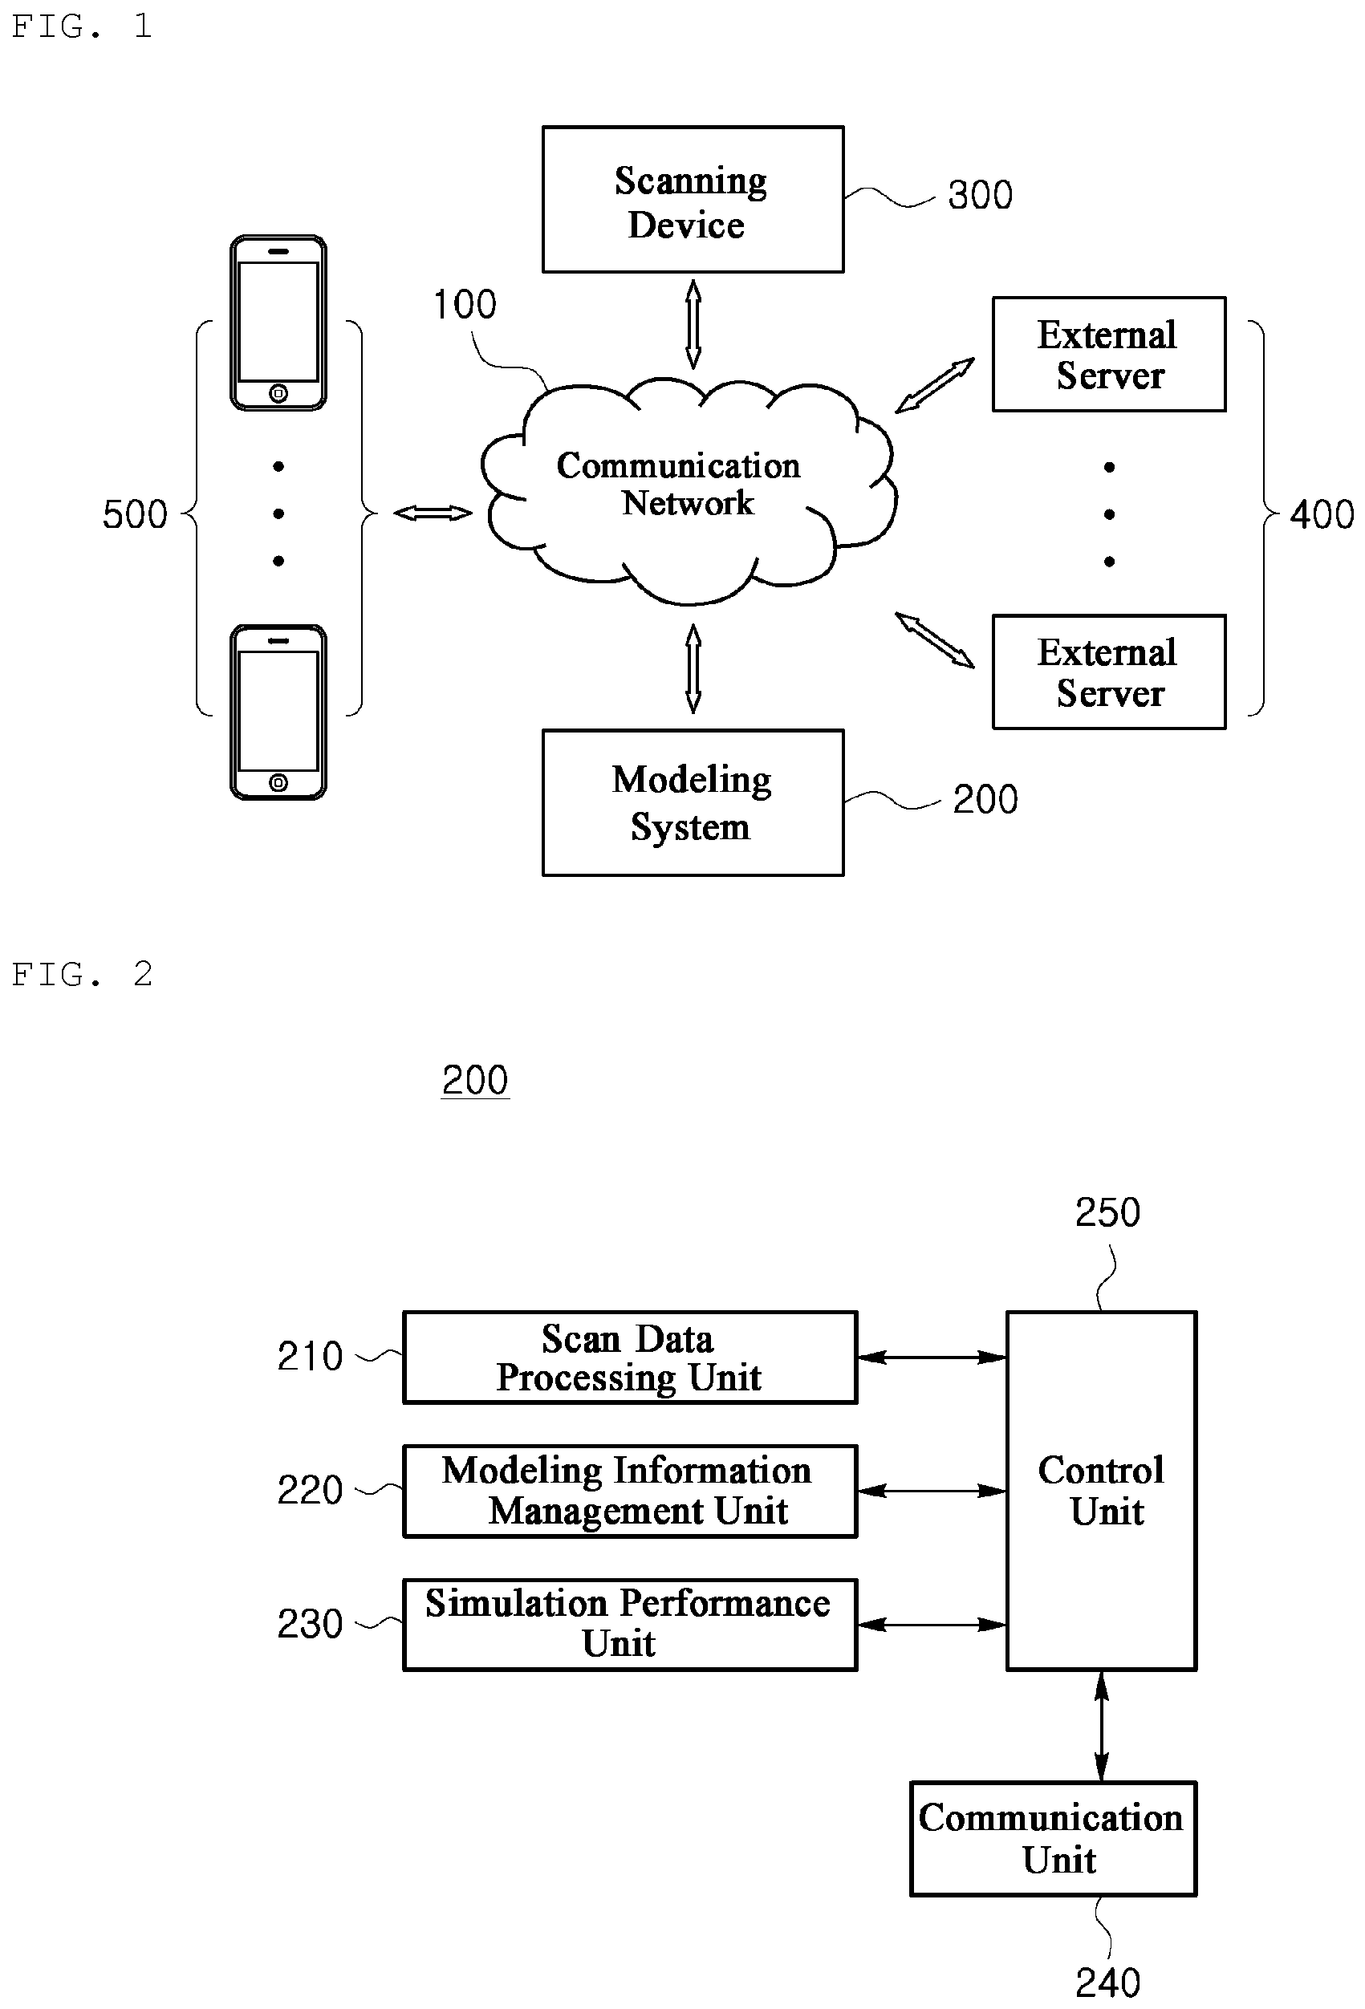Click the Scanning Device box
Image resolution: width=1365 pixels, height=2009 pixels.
click(693, 200)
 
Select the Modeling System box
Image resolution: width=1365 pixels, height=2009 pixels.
click(693, 803)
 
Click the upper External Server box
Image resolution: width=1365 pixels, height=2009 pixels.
click(1108, 355)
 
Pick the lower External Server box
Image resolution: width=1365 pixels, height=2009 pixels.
click(1108, 672)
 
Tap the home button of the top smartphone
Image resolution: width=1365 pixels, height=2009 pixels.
click(278, 393)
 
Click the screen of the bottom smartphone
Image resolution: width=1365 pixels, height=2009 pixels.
click(278, 711)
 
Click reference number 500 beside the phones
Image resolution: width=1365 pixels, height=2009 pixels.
click(135, 514)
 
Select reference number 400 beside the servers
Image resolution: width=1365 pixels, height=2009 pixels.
click(1322, 514)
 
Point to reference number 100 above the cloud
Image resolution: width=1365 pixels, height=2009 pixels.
click(464, 304)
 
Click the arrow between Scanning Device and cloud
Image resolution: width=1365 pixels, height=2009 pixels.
click(693, 324)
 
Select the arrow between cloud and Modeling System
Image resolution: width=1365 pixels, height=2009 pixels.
click(693, 668)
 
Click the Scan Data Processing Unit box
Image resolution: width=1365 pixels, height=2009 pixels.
click(630, 1358)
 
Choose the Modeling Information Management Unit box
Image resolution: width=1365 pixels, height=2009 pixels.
click(630, 1492)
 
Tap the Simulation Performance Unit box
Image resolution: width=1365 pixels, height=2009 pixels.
click(630, 1625)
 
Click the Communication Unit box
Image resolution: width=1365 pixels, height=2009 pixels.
click(1053, 1839)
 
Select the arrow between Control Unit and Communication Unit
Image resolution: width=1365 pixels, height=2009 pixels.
click(1101, 1727)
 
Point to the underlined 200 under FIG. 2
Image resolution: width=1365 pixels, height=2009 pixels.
click(474, 1081)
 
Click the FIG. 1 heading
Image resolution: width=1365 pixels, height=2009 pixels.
click(82, 26)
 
